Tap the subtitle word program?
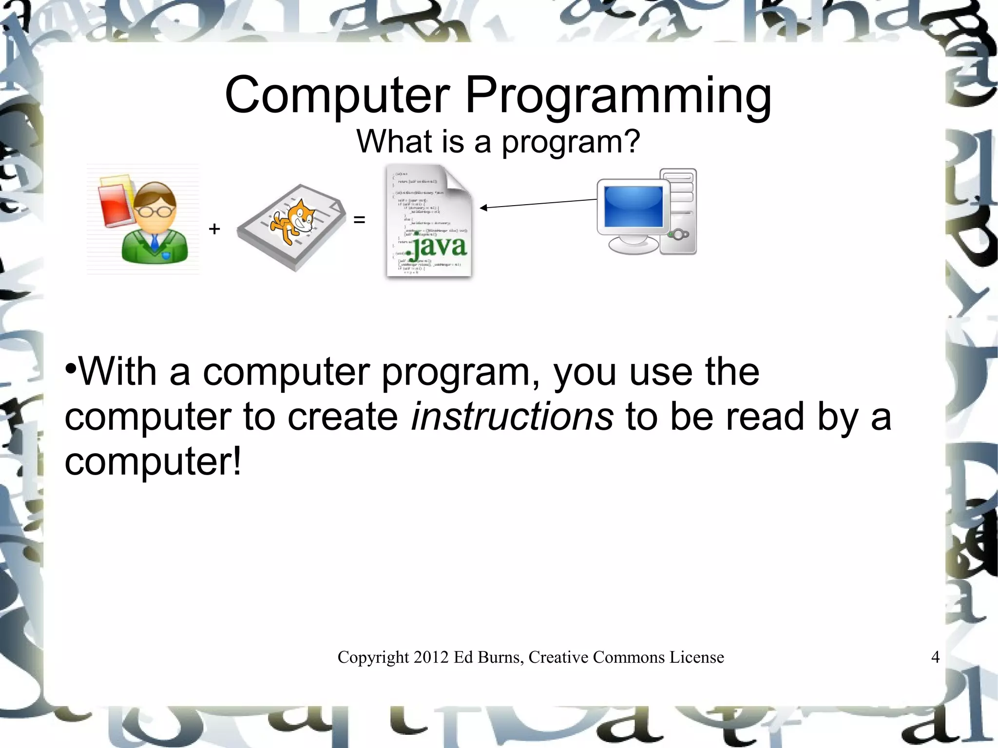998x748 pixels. pyautogui.click(x=571, y=142)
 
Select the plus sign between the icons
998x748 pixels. pyautogui.click(x=214, y=229)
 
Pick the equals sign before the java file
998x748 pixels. pyautogui.click(x=359, y=220)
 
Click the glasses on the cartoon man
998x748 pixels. pyautogui.click(x=155, y=211)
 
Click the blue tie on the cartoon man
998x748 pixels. pyautogui.click(x=155, y=242)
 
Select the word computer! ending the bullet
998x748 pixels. pyautogui.click(x=153, y=461)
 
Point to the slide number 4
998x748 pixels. pyautogui.click(x=935, y=657)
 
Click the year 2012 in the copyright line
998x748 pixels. pyautogui.click(x=431, y=657)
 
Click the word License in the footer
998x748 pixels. pyautogui.click(x=696, y=657)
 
